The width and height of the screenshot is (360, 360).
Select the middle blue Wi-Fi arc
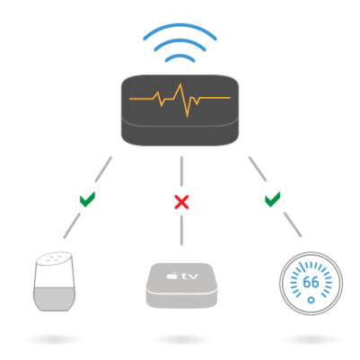pyautogui.click(x=180, y=43)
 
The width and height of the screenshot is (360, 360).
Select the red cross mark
pyautogui.click(x=181, y=201)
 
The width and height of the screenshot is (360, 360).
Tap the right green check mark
pyautogui.click(x=273, y=197)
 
